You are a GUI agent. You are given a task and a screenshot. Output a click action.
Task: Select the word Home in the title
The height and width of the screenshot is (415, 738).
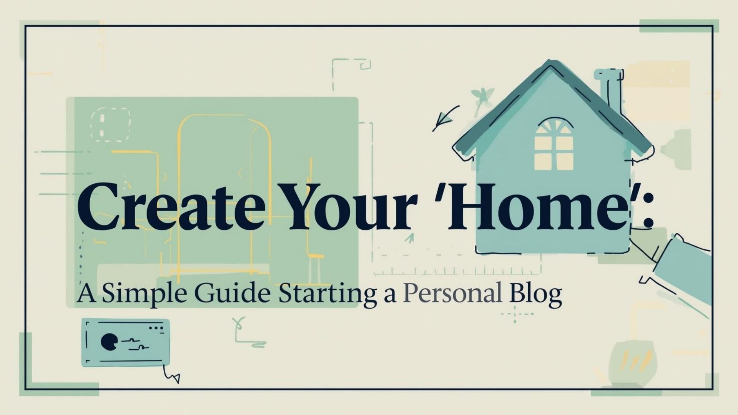pos(536,206)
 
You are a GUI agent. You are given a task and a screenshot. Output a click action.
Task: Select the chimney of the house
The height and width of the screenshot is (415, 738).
pos(609,88)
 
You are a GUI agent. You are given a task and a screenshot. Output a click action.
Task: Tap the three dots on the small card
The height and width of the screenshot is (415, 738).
pos(155,328)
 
